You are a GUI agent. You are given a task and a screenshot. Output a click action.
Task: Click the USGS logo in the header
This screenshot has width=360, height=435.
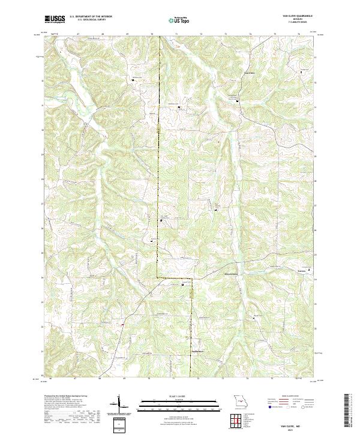coord(55,20)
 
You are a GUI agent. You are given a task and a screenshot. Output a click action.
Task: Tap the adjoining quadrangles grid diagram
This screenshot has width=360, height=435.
coord(236,422)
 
